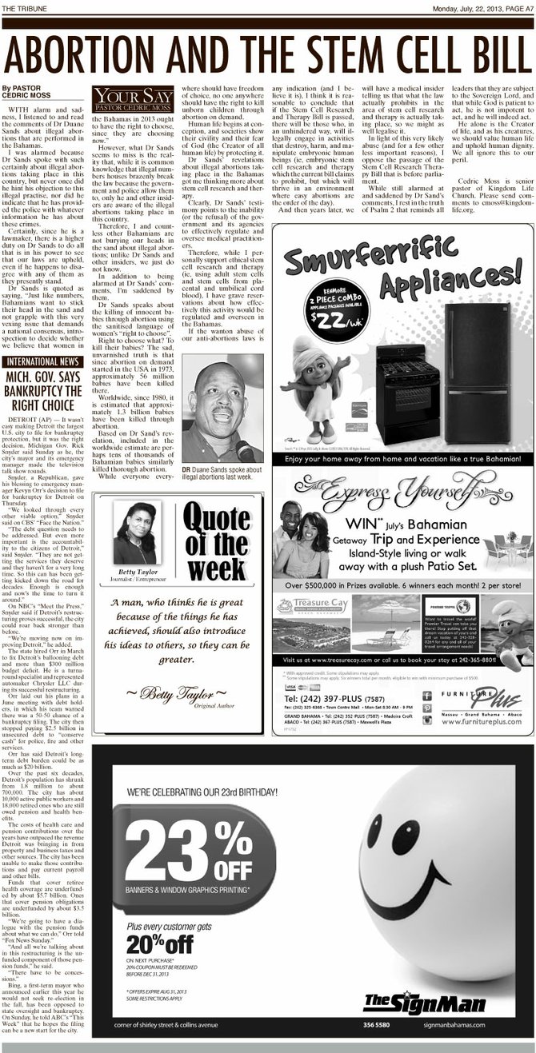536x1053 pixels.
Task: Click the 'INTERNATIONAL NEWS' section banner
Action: click(x=42, y=361)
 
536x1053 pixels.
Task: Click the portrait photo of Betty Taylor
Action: click(x=135, y=533)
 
